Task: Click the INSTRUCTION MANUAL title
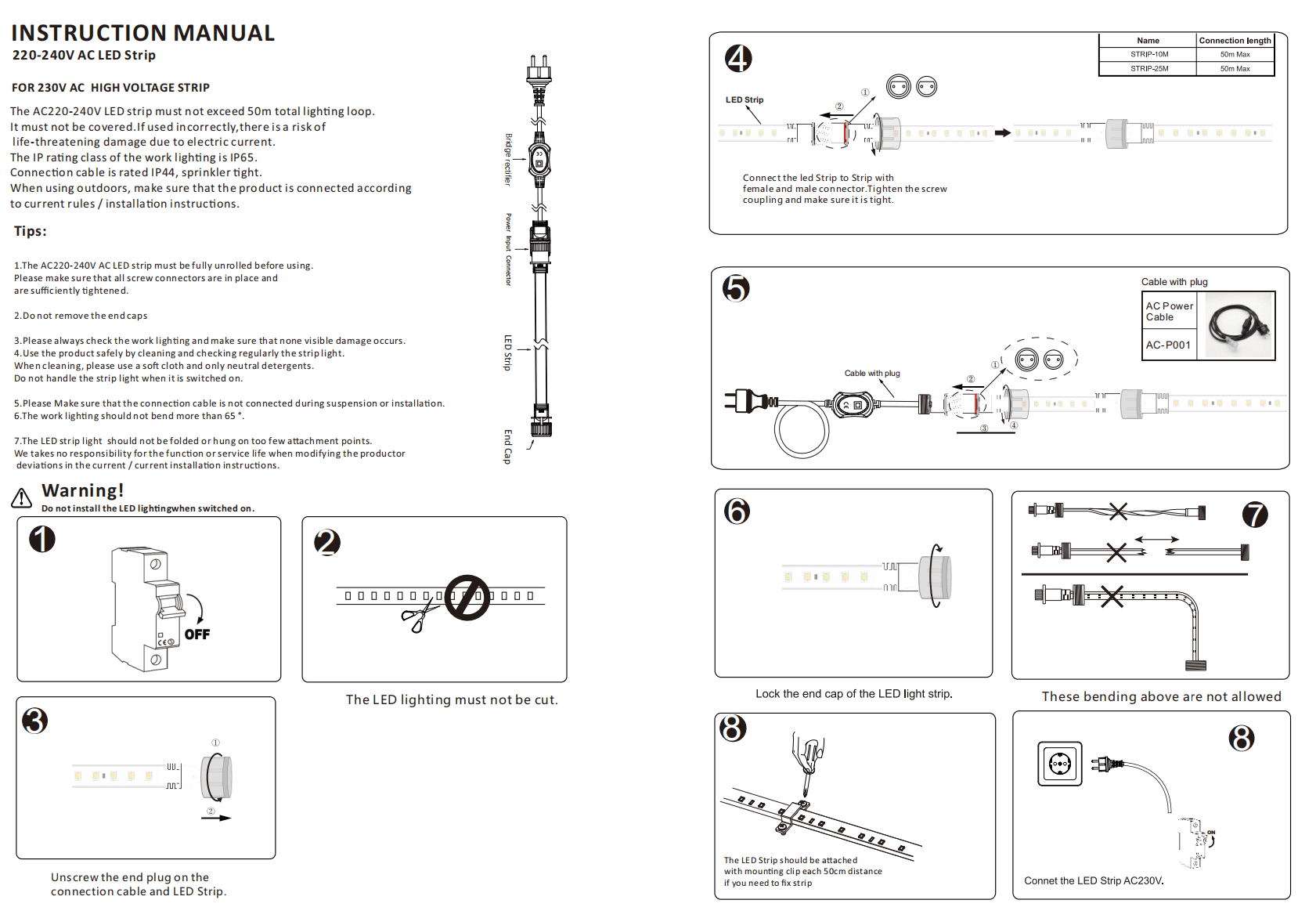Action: [142, 33]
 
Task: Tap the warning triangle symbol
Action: [22, 497]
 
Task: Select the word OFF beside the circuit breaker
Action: [197, 634]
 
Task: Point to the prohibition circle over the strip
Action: [467, 598]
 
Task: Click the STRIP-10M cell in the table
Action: [1148, 55]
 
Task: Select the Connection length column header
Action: [1235, 41]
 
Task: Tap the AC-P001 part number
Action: [1168, 345]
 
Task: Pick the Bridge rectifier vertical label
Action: [508, 159]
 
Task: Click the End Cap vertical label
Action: [508, 446]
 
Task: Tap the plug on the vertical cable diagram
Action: [539, 74]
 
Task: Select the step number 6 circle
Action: [737, 511]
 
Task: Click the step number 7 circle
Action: [1255, 515]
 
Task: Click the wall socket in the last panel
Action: [1060, 764]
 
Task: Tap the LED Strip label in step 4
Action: [744, 100]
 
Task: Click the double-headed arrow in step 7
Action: [1157, 540]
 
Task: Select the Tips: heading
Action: [31, 232]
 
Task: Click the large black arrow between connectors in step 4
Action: [1002, 133]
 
